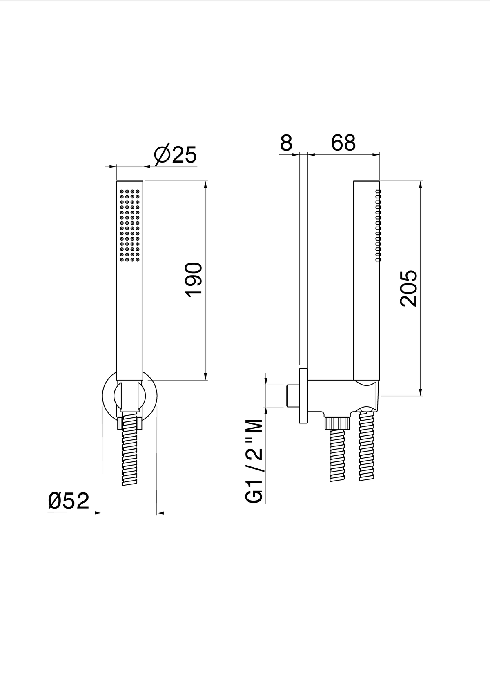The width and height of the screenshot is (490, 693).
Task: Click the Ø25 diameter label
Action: coord(176,154)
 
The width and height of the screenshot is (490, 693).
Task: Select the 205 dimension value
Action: coord(409,288)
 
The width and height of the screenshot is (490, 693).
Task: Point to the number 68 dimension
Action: coord(343,143)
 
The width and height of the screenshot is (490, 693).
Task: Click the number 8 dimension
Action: coord(286,143)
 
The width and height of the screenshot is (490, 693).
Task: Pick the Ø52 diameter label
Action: coord(69,501)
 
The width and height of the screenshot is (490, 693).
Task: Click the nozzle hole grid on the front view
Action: coord(130,226)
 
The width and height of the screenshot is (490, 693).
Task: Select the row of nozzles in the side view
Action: coord(378,226)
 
